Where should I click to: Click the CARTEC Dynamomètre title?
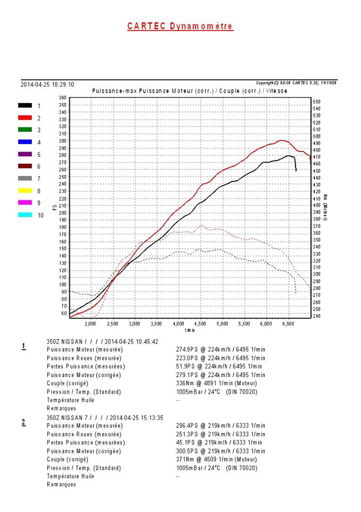[180, 26]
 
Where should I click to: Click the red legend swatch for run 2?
[24, 118]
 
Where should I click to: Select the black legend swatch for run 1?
[24, 106]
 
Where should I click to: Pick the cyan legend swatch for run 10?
[24, 214]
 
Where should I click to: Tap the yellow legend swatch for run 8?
[24, 190]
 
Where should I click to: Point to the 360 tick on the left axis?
[63, 98]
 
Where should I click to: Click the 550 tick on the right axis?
[316, 101]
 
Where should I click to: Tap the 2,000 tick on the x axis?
[91, 324]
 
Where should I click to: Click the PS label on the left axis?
[54, 207]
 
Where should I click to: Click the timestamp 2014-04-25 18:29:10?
[47, 84]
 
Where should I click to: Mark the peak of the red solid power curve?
[282, 141]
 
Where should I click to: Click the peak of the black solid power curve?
[289, 156]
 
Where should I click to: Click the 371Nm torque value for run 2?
[185, 459]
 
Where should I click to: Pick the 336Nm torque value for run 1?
[185, 383]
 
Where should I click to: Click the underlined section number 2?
[23, 422]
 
